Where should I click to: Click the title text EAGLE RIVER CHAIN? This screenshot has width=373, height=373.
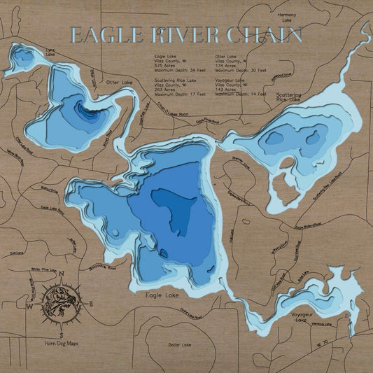click(x=186, y=36)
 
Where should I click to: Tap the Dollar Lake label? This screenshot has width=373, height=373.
click(x=181, y=344)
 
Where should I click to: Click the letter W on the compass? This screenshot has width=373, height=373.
click(x=29, y=307)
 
